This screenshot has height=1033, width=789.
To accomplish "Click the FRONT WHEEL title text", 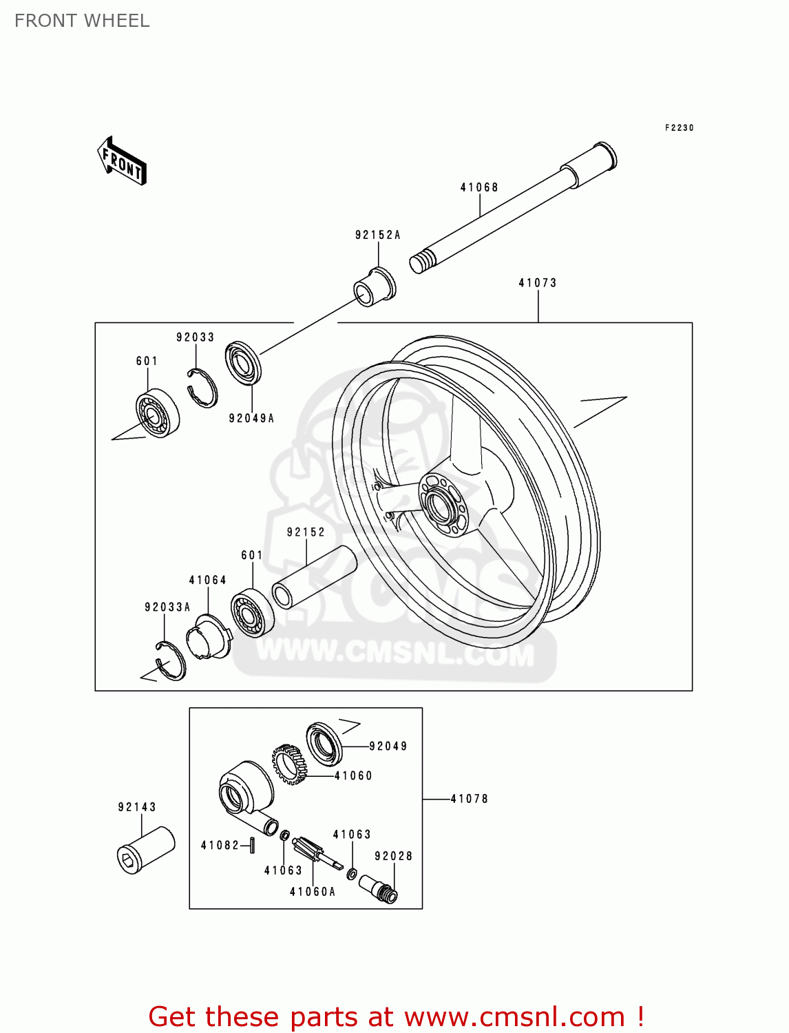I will click(x=82, y=21).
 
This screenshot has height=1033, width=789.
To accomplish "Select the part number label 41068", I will click(x=479, y=187).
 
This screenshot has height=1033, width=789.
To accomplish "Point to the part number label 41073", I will click(x=538, y=283).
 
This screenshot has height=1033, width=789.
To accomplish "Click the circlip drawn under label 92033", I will click(x=202, y=388).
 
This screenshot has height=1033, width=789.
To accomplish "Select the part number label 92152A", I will click(x=377, y=235).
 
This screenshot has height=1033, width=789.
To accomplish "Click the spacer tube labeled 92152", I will click(x=315, y=577).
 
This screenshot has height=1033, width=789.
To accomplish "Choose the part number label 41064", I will click(x=208, y=580).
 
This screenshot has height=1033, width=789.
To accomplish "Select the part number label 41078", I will click(x=470, y=799).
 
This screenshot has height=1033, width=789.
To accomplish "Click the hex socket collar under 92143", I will click(x=145, y=850).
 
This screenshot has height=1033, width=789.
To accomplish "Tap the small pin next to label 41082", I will click(x=253, y=844).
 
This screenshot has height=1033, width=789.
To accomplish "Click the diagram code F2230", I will click(x=679, y=128).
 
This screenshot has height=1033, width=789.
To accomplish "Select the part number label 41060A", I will click(x=313, y=892).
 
